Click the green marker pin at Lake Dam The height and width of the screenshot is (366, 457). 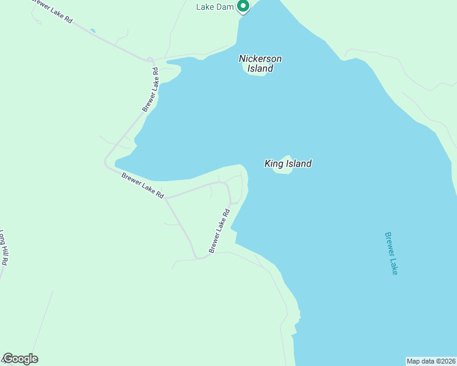(243, 6)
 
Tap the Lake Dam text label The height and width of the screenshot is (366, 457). (213, 7)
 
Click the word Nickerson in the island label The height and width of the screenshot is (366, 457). (260, 59)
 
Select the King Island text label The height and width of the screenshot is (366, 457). (288, 163)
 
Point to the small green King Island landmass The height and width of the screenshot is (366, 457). (283, 170)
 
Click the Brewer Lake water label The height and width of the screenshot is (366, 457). (391, 253)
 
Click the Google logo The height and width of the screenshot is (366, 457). (20, 359)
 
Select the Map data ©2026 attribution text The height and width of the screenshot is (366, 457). (431, 361)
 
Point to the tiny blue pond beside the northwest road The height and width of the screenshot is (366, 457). (92, 30)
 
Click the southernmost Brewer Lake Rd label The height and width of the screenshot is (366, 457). (219, 231)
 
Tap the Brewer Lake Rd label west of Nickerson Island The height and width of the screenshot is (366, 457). (151, 89)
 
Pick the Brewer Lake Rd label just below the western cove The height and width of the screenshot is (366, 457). (143, 185)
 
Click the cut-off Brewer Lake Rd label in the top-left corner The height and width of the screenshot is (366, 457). (53, 12)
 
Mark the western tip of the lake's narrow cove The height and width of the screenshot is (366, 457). (116, 162)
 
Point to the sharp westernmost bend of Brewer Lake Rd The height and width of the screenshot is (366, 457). (106, 163)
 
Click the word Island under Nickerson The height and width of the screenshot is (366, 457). (260, 69)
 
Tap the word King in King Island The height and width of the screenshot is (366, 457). (272, 163)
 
